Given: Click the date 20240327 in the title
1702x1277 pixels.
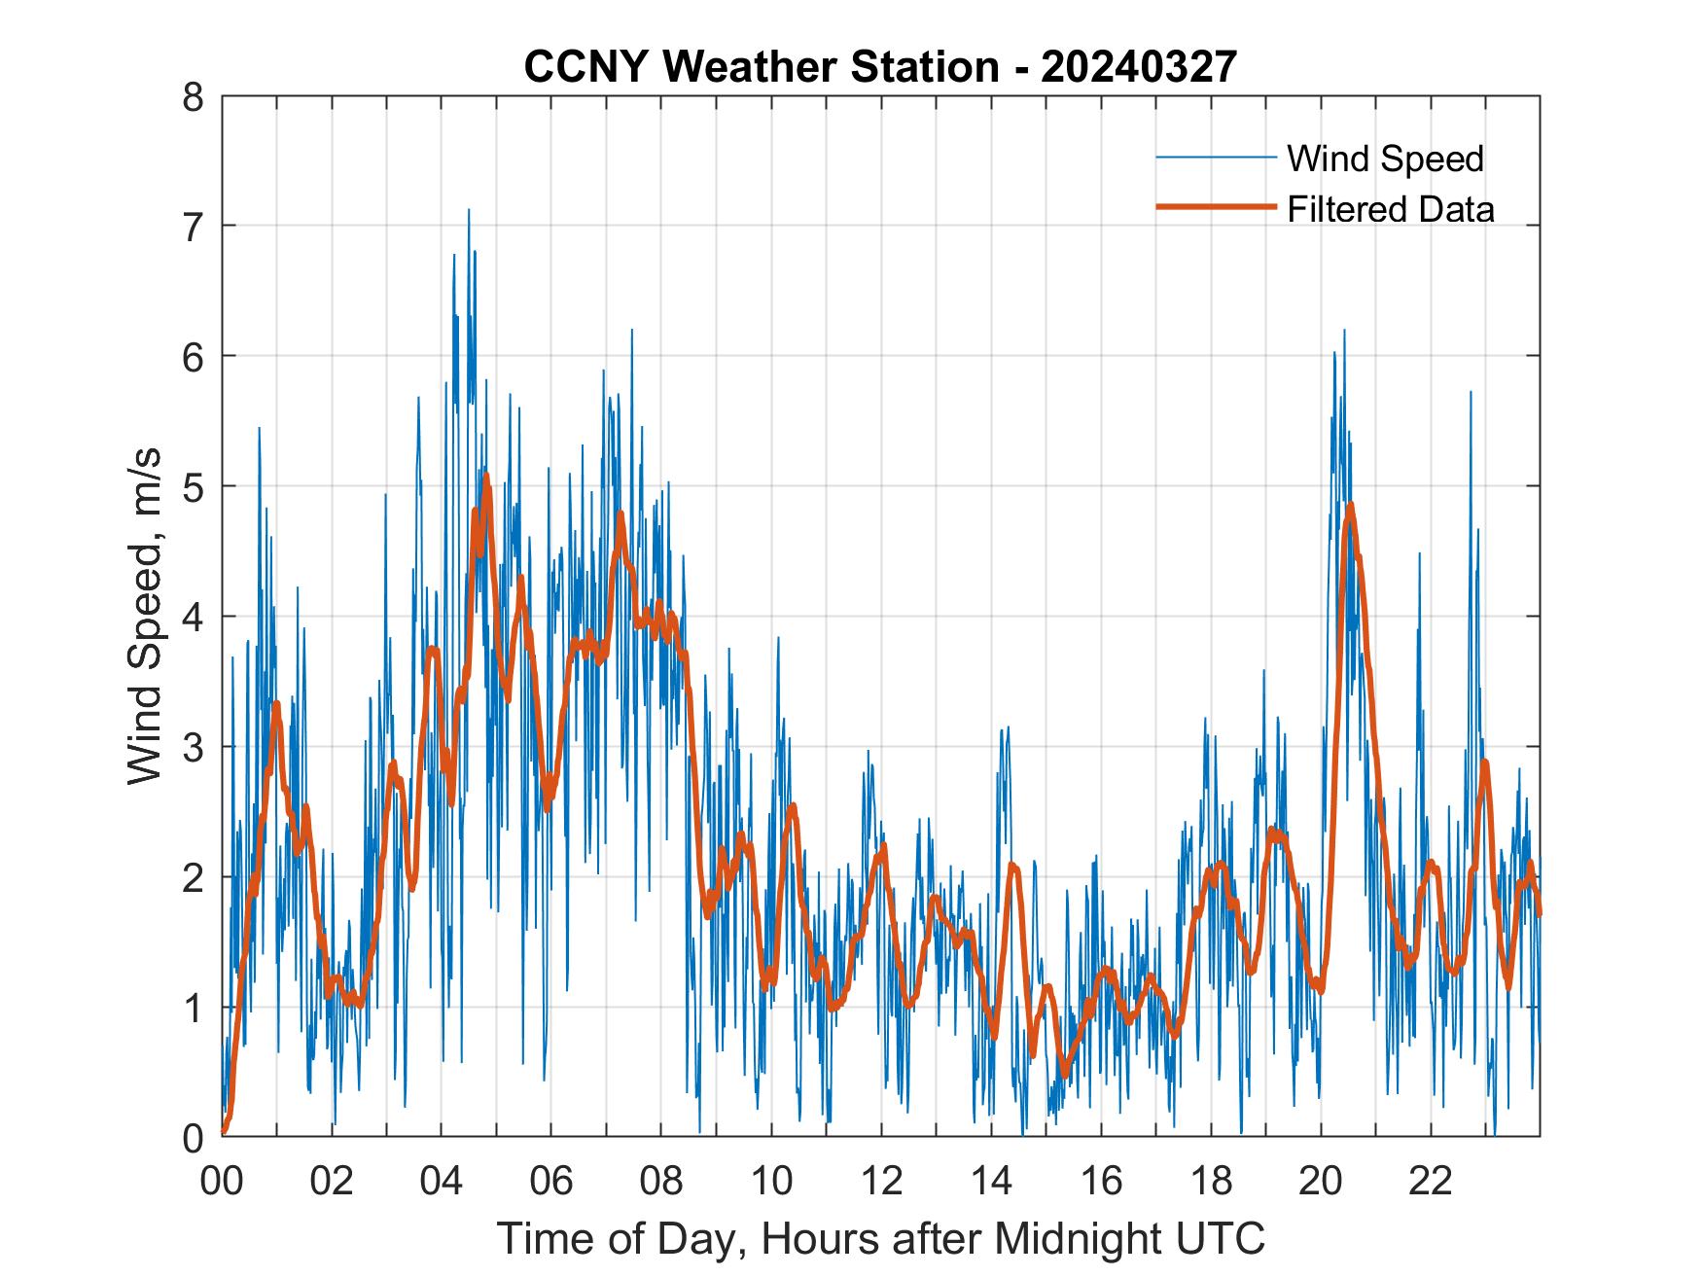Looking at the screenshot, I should click(1138, 67).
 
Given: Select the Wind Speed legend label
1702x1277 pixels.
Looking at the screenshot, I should click(1385, 159).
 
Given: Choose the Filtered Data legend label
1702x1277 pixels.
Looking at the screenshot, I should click(1390, 209).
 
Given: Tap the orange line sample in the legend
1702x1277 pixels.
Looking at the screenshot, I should click(1215, 207).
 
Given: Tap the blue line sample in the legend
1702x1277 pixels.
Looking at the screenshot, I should click(1215, 158).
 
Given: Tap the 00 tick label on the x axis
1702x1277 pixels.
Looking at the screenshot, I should click(222, 1181).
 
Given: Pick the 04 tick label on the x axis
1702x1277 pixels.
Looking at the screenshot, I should click(442, 1181).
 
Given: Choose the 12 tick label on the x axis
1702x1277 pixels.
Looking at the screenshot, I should click(881, 1181).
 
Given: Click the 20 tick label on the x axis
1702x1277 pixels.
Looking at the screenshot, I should click(1321, 1181).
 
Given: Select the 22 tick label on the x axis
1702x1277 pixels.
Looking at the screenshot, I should click(1431, 1181).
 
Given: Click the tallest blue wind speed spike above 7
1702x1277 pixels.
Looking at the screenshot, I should click(469, 211).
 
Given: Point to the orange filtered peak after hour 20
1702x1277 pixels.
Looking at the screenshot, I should click(1350, 505).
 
